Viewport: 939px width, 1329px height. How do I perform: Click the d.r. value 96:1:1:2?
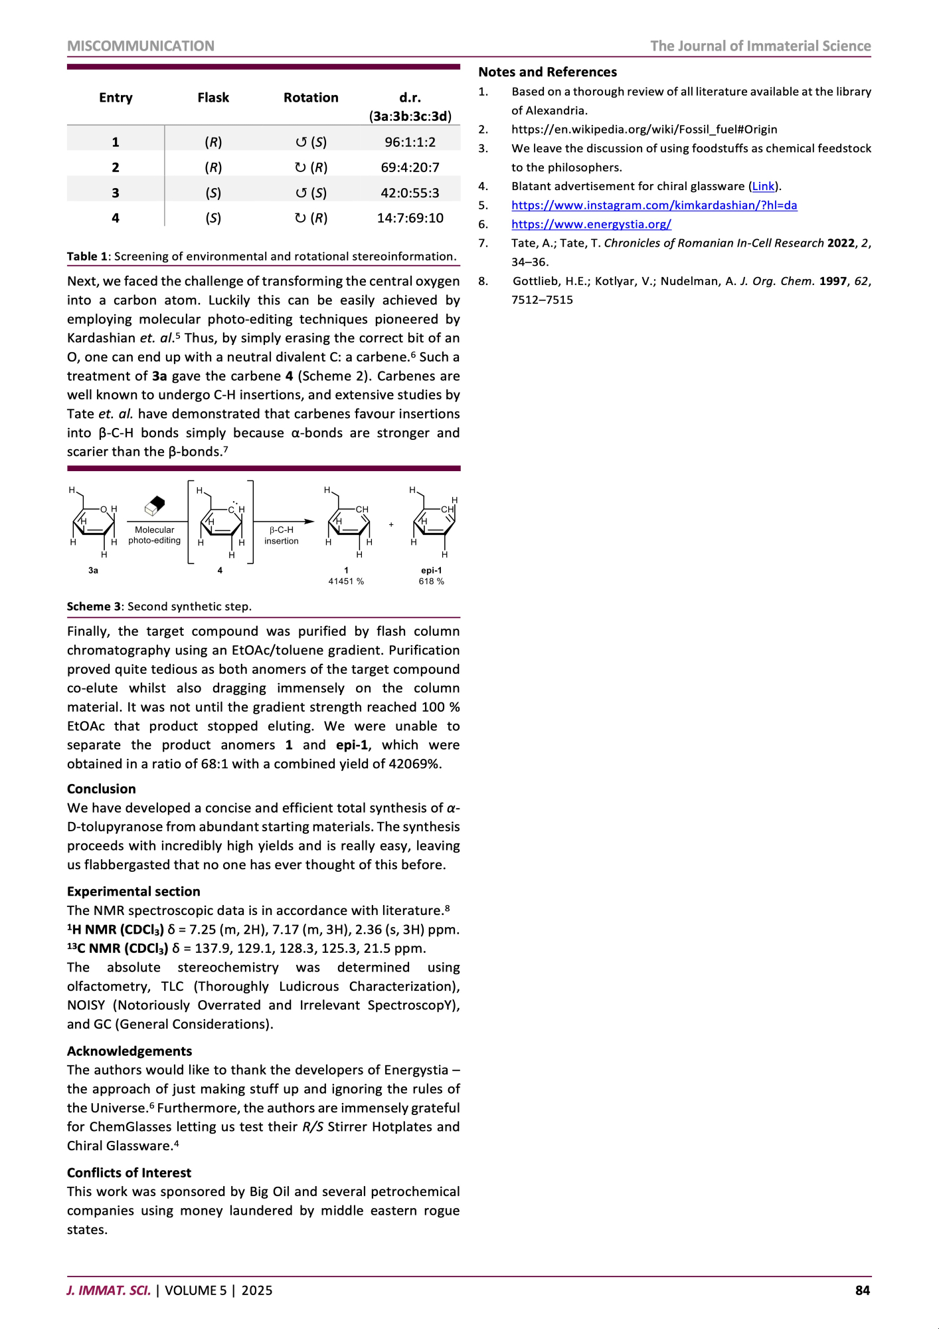coord(410,142)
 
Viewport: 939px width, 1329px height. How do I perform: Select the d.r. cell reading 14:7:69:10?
coord(410,218)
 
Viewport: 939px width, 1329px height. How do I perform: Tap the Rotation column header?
coord(311,98)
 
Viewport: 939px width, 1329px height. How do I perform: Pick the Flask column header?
coord(213,98)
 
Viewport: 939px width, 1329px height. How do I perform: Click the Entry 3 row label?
coord(116,193)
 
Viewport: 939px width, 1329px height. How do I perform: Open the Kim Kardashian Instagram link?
coord(654,205)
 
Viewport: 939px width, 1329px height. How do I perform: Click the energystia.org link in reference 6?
coord(591,224)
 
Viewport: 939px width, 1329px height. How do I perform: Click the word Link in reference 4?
coord(763,187)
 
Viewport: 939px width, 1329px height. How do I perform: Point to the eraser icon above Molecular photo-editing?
coord(154,506)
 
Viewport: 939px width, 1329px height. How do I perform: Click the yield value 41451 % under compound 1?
coord(346,581)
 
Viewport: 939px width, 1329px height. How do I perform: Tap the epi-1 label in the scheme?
coord(431,570)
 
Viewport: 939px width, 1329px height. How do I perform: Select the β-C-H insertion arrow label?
coord(282,536)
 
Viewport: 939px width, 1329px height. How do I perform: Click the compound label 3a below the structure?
coord(93,570)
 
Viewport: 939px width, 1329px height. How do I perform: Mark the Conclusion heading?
coord(102,789)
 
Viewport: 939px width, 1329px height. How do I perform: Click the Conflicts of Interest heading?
coord(129,1173)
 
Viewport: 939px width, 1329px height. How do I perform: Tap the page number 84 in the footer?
coord(862,1290)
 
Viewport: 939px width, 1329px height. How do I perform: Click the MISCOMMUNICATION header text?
coord(141,46)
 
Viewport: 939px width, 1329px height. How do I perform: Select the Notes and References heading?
coord(547,72)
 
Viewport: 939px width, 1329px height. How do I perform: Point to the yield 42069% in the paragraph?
coord(415,764)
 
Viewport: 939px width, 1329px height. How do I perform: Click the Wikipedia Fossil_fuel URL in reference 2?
coord(644,130)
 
